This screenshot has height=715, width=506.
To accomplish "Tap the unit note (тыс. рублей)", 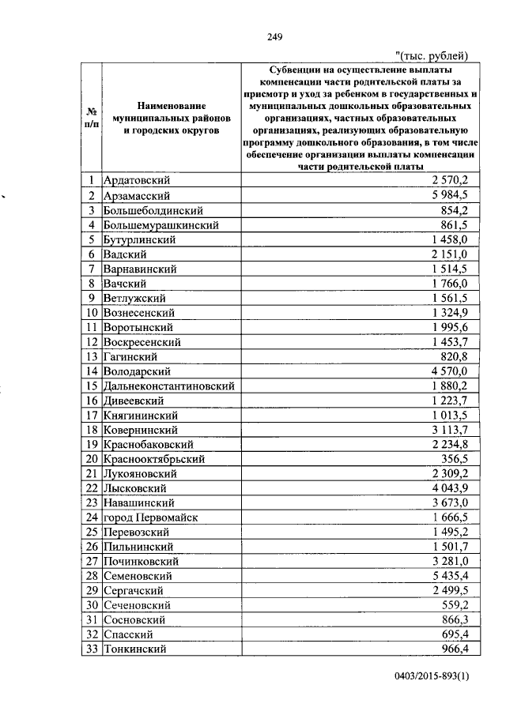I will (432, 55).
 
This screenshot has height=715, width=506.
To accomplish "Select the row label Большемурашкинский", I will (160, 225).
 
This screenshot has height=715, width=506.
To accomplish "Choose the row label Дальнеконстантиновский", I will (169, 386).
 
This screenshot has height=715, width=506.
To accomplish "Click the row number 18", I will (92, 430).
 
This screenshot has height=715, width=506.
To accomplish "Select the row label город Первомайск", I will (150, 517).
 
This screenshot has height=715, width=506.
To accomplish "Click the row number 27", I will (92, 562).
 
